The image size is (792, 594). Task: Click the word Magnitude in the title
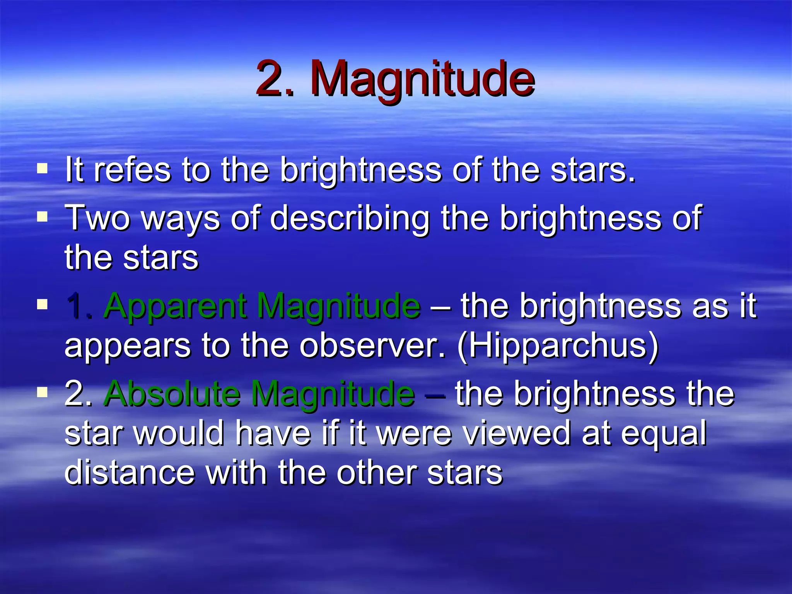tap(422, 79)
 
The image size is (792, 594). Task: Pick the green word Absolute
tap(172, 394)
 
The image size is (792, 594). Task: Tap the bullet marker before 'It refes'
tap(42, 169)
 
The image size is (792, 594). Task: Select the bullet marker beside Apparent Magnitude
tap(42, 304)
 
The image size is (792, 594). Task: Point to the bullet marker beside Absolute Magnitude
tap(42, 392)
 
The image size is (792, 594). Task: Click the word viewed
tap(517, 433)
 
